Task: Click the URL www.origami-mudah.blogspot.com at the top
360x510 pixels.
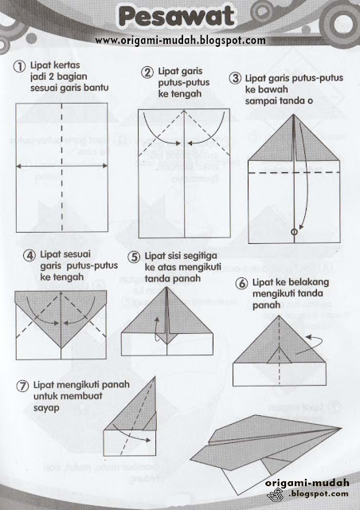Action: [180, 40]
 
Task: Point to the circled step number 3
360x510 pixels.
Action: [236, 78]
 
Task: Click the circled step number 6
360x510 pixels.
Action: [241, 283]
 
